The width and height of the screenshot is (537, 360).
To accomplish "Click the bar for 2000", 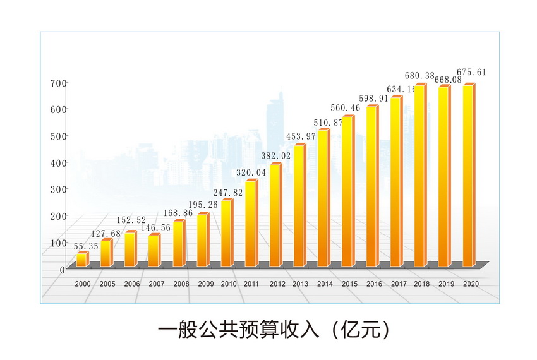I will (82, 259).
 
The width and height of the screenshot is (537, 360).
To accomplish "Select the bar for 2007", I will (154, 250).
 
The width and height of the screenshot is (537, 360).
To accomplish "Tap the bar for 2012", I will (275, 215).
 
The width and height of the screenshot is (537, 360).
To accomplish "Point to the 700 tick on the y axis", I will (57, 83).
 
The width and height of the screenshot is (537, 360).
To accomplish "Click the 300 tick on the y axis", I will (57, 189).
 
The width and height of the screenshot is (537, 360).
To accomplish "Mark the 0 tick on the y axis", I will (62, 270).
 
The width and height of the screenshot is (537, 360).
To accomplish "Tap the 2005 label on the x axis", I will (107, 284).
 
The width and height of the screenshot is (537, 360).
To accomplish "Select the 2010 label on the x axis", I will (229, 284).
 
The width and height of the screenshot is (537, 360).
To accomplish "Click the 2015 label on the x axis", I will (350, 284).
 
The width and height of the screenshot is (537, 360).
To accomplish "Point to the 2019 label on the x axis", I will (447, 284).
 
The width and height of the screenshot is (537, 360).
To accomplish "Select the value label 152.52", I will (131, 220).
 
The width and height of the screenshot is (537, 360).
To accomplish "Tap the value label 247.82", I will (228, 192).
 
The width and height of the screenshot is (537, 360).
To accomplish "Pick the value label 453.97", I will (301, 136).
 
